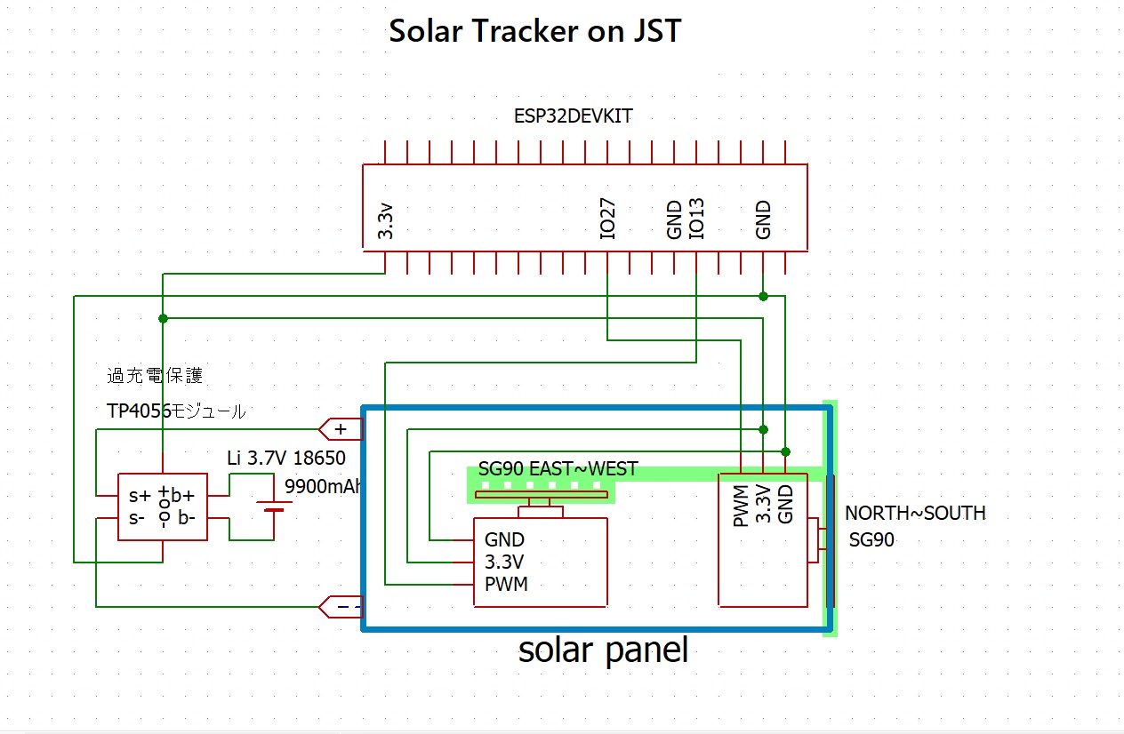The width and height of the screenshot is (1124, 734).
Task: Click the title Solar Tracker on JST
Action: click(x=534, y=32)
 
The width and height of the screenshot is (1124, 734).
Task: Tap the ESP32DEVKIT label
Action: click(x=574, y=116)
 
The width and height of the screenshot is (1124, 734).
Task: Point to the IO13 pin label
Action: click(x=696, y=219)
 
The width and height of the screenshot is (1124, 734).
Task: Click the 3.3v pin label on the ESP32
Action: click(x=386, y=221)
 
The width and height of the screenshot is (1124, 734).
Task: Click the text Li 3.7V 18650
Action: click(x=286, y=459)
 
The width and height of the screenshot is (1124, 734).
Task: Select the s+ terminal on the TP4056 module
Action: click(x=139, y=496)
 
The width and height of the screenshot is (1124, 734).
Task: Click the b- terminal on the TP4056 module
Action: click(x=186, y=518)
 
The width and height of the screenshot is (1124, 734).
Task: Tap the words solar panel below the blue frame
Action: click(x=603, y=650)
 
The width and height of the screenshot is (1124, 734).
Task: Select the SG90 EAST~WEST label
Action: click(x=558, y=469)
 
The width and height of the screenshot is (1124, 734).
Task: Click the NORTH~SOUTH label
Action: click(x=914, y=514)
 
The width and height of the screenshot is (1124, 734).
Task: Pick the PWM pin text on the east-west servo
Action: click(x=506, y=584)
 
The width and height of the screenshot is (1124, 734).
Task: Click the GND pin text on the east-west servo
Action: click(x=504, y=539)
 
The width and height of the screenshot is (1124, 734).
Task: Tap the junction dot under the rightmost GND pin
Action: click(x=763, y=296)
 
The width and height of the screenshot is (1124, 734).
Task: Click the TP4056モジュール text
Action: click(x=175, y=411)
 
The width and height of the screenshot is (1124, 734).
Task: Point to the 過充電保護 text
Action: click(x=155, y=376)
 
